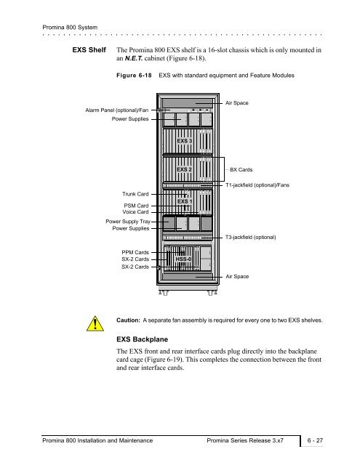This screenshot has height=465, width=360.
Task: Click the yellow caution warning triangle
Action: [x=95, y=324]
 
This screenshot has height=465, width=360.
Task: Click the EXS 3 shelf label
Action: [x=184, y=140]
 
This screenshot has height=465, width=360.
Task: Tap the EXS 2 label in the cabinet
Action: [x=184, y=169]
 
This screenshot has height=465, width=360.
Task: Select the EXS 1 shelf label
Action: [x=184, y=201]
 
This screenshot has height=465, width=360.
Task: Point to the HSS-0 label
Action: [x=183, y=259]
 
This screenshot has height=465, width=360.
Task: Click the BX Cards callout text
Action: [x=241, y=169]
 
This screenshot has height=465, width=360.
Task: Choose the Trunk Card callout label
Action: [x=135, y=194]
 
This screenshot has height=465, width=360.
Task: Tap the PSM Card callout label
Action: [x=136, y=206]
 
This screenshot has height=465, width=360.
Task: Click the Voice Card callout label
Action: [x=135, y=211]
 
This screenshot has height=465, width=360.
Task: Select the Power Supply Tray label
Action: [x=128, y=222]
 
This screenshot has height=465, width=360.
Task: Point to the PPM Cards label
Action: [x=135, y=252]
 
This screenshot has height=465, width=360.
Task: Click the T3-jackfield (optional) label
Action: [x=250, y=238]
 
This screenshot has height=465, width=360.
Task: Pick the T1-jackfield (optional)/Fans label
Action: [x=257, y=185]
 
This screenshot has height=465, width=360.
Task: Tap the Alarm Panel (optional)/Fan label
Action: [x=116, y=110]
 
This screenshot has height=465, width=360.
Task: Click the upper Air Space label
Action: [x=236, y=103]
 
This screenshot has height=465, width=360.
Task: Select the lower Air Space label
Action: [x=237, y=276]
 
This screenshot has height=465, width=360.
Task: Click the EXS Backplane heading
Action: [x=142, y=339]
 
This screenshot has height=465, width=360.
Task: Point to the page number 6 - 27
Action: [x=315, y=440]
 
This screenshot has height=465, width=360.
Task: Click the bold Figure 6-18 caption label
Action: [x=134, y=76]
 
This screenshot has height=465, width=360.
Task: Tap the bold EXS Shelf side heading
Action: [x=89, y=50]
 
